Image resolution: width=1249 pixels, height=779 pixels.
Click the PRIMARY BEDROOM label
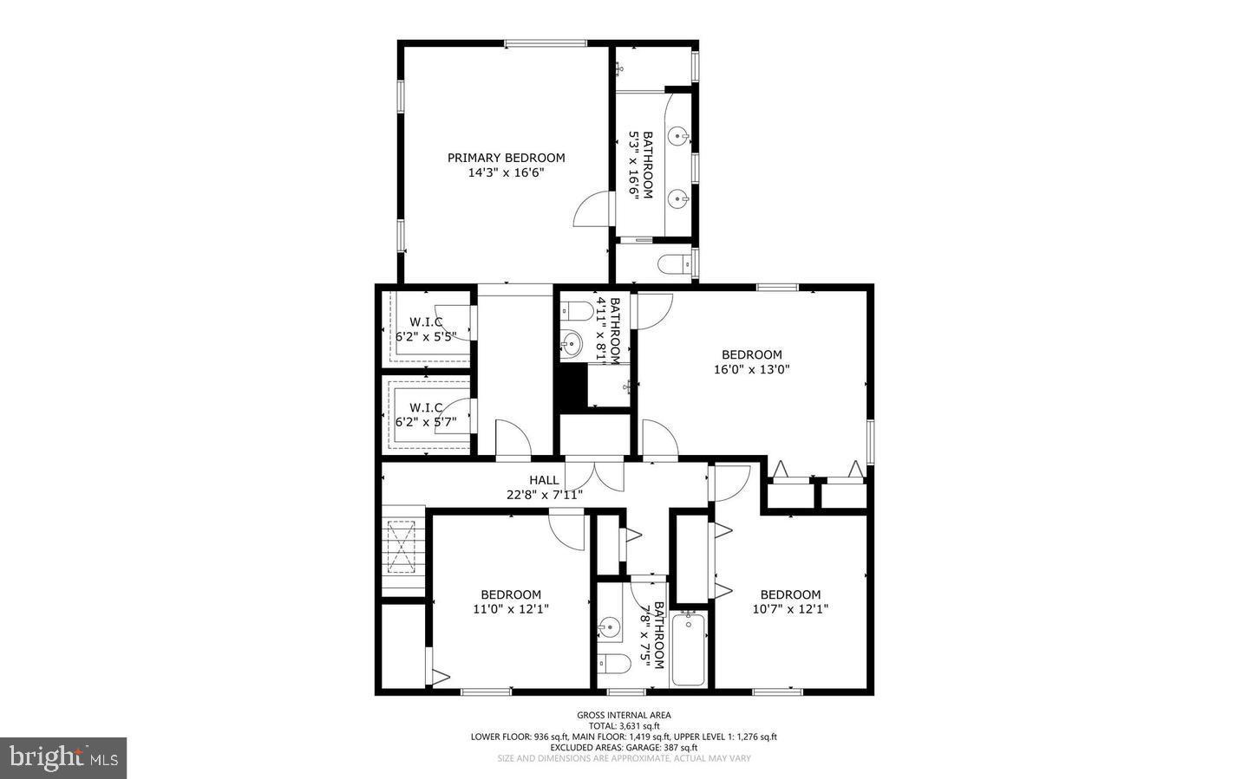pos(506,158)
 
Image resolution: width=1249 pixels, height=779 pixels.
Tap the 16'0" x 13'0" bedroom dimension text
pos(751,369)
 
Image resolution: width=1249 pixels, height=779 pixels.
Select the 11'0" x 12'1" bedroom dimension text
pos(511,609)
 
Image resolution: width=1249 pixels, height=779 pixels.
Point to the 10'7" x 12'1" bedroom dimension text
pos(790,609)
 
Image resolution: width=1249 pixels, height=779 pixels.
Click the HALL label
pos(544,480)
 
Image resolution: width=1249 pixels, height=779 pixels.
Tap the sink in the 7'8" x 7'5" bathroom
pos(611,626)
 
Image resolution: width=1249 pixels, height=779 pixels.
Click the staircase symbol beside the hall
pos(403,548)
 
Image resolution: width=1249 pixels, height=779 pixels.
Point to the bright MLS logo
pos(63,758)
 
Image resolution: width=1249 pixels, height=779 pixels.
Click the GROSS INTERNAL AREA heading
pos(624,715)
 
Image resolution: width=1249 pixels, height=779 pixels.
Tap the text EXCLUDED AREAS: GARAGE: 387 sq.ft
pos(624,747)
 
